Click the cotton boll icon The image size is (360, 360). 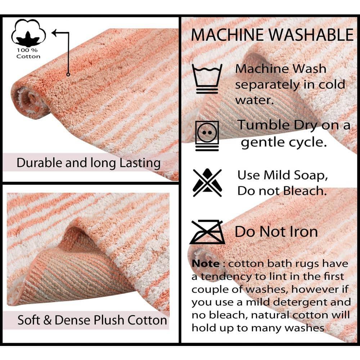click(28, 35)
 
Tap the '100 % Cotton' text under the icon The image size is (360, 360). click(28, 53)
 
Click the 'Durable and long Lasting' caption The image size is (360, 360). click(88, 163)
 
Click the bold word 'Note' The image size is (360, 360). click(205, 264)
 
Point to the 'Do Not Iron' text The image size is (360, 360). click(276, 232)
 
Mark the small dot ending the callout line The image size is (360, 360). click(68, 75)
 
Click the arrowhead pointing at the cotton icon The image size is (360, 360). click(54, 33)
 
